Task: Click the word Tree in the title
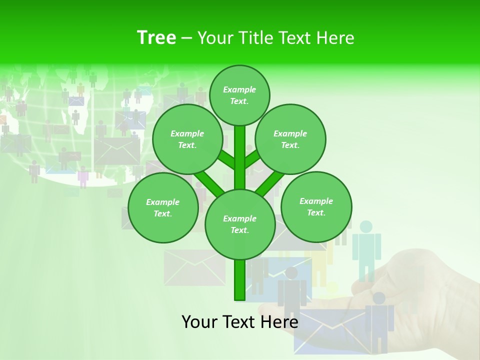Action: click(156, 37)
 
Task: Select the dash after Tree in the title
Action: click(186, 38)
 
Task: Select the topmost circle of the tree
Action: click(239, 95)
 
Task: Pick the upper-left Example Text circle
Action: click(187, 139)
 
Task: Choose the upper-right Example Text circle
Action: click(290, 139)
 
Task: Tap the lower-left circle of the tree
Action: click(163, 207)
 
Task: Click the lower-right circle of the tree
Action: click(316, 206)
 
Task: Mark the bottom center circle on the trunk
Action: click(240, 224)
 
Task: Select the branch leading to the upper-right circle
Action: click(253, 159)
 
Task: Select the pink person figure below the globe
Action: click(83, 177)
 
